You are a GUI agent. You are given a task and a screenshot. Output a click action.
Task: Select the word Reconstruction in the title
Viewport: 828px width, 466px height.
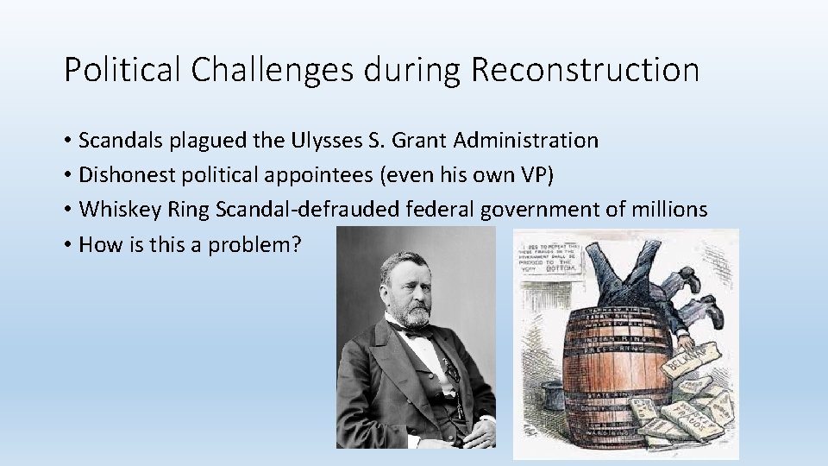(x=585, y=70)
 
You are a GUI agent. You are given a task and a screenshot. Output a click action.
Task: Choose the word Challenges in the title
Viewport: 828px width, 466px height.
(x=271, y=70)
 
